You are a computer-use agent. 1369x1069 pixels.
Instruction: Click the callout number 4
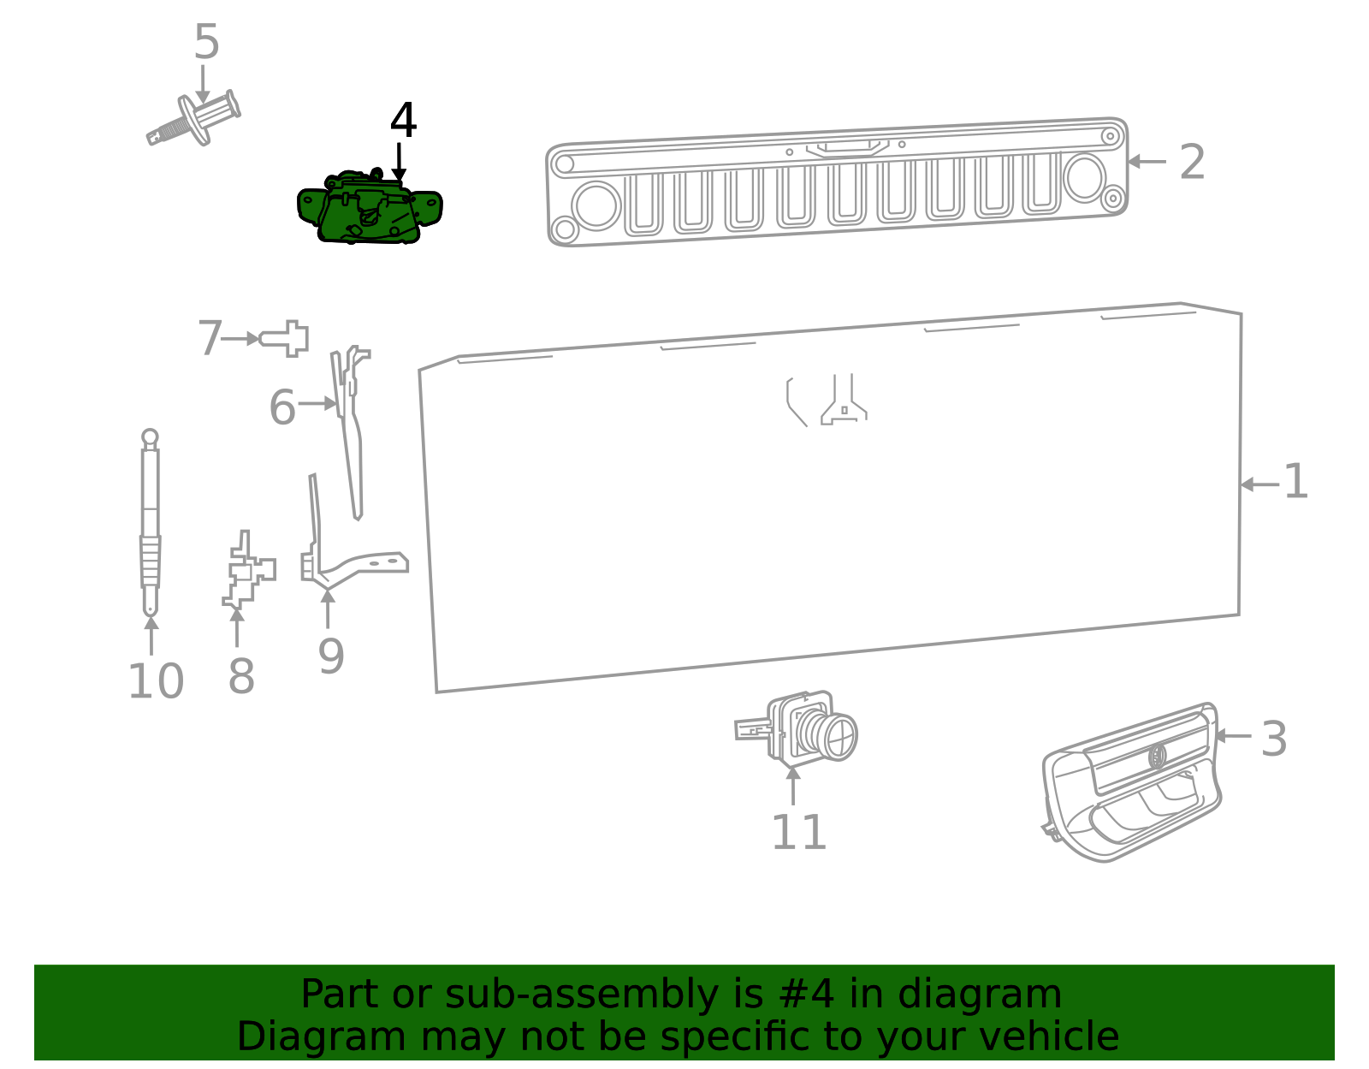pyautogui.click(x=403, y=121)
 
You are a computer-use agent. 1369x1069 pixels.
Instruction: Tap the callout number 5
pyautogui.click(x=206, y=42)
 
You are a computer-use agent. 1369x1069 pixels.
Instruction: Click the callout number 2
pyautogui.click(x=1192, y=162)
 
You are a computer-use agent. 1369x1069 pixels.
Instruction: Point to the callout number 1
pyautogui.click(x=1295, y=482)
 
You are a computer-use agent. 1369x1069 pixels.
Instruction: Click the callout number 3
pyautogui.click(x=1273, y=739)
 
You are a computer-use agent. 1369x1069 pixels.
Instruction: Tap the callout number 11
pyautogui.click(x=798, y=833)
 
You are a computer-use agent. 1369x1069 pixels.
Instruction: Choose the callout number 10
pyautogui.click(x=156, y=682)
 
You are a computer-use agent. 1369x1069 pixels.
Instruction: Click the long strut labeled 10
pyautogui.click(x=150, y=522)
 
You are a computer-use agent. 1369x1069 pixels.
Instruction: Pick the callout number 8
pyautogui.click(x=240, y=677)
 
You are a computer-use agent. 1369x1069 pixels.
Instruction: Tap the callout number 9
pyautogui.click(x=330, y=657)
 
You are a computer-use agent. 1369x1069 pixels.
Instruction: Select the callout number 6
pyautogui.click(x=282, y=407)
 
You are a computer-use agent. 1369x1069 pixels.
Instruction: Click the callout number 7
pyautogui.click(x=210, y=339)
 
